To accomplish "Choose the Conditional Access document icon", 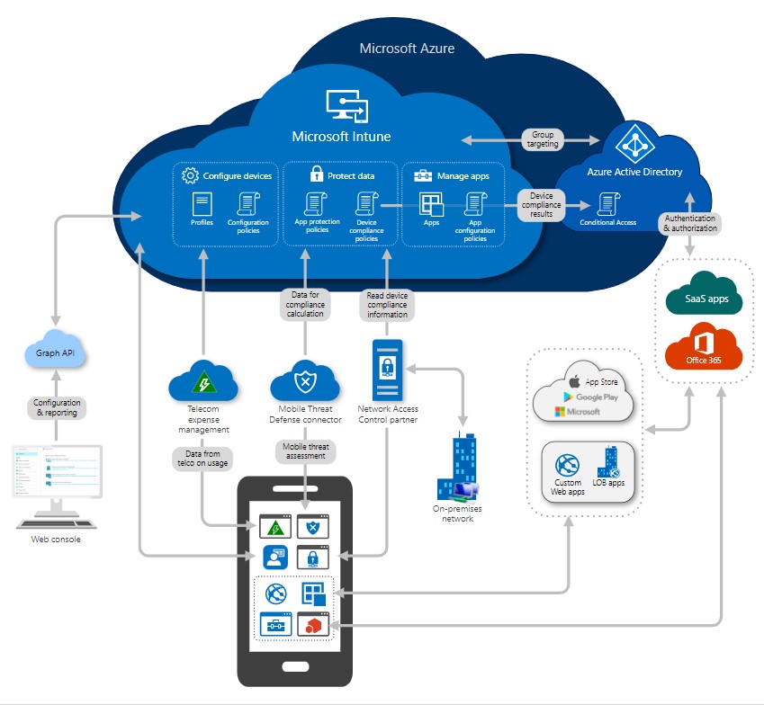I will click(x=607, y=203).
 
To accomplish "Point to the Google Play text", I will click(x=595, y=396).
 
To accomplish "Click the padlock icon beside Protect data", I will click(x=316, y=174).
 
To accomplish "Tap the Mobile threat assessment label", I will click(x=305, y=450).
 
